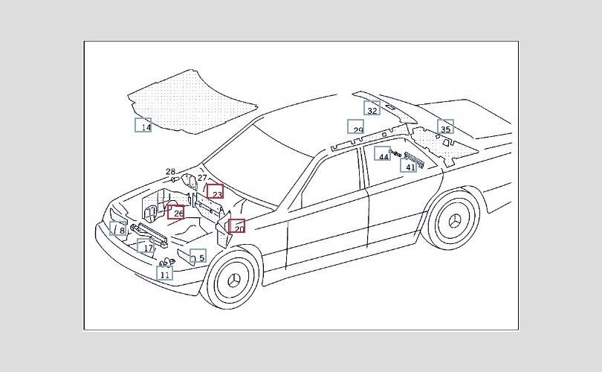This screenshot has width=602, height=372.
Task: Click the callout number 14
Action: click(x=143, y=126)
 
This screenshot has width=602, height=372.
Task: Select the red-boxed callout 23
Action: click(x=216, y=193)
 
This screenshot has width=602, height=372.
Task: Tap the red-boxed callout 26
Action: click(x=177, y=213)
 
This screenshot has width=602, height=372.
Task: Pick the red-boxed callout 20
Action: click(x=237, y=227)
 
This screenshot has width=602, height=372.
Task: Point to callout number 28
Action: click(x=171, y=172)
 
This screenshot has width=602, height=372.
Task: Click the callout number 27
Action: click(x=202, y=179)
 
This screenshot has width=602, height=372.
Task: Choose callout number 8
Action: click(x=119, y=230)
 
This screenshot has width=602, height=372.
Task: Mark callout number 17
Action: click(x=147, y=247)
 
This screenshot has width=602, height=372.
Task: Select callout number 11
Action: click(x=165, y=273)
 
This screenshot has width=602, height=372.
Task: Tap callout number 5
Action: click(x=198, y=257)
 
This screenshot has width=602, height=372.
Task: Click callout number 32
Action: click(x=372, y=109)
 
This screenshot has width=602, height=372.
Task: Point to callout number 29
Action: click(x=357, y=128)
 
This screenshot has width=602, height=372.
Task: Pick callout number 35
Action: click(x=445, y=127)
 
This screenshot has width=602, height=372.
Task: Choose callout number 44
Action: click(x=383, y=155)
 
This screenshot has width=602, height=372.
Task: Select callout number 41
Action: click(x=410, y=166)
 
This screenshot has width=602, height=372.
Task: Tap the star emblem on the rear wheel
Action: click(x=454, y=221)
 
